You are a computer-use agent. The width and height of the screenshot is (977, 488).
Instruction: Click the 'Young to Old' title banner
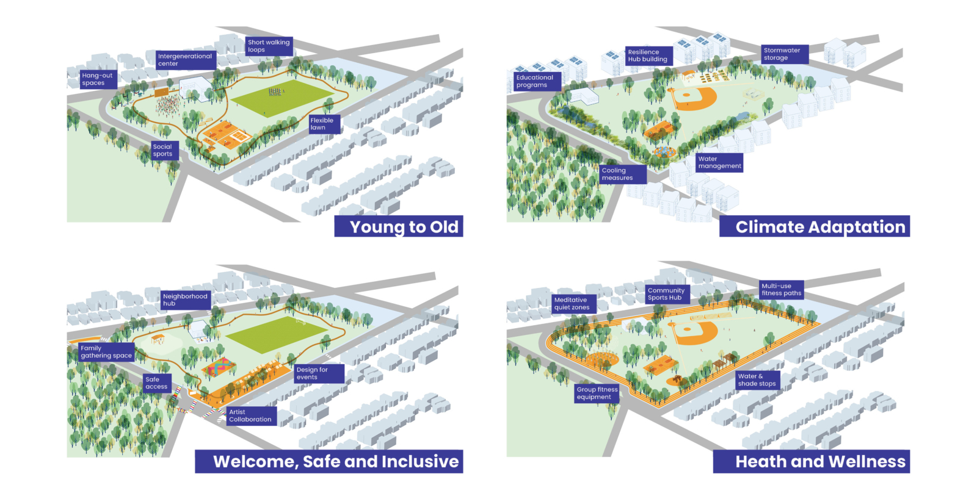(x=399, y=226)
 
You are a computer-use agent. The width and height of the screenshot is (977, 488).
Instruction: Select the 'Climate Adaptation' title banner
(x=815, y=226)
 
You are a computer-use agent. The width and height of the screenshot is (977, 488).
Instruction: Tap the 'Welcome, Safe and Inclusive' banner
(x=329, y=461)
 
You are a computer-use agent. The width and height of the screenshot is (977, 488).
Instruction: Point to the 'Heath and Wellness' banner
(x=812, y=461)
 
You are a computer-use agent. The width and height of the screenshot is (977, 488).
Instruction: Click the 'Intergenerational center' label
(x=184, y=60)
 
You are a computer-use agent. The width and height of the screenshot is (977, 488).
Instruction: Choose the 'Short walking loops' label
(x=269, y=46)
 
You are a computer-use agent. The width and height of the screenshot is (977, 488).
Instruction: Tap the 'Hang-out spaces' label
(x=98, y=79)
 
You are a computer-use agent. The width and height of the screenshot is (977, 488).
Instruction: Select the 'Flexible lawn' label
(x=324, y=124)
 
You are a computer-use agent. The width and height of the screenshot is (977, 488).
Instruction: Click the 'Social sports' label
(x=164, y=150)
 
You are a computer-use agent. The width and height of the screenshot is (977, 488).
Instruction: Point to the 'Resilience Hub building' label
(x=648, y=56)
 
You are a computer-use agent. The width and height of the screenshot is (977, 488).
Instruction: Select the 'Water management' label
(x=719, y=162)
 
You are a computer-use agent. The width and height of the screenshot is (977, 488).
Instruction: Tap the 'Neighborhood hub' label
(x=185, y=300)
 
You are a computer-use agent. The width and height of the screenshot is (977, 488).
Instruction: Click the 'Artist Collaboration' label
(x=251, y=416)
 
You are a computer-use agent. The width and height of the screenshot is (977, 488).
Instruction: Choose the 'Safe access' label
(x=157, y=383)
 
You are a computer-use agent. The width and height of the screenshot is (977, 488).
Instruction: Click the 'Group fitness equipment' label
(x=597, y=393)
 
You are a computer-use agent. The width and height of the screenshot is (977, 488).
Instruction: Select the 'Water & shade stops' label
(x=757, y=380)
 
